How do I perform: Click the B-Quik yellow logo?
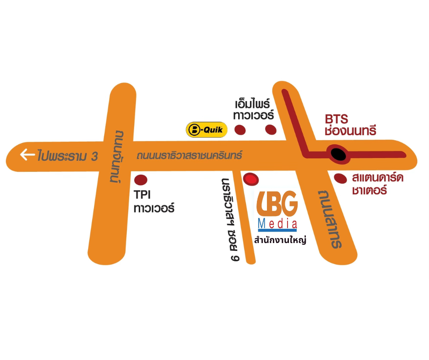(x=207, y=130)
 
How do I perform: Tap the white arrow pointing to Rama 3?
(x=27, y=154)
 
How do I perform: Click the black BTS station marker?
(x=339, y=154)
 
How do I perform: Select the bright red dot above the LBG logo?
(x=251, y=179)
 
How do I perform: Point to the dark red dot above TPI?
(x=141, y=180)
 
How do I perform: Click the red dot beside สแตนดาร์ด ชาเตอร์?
(x=340, y=179)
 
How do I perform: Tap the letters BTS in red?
(x=336, y=119)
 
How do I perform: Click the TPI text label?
(x=142, y=195)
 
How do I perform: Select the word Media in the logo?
(x=277, y=224)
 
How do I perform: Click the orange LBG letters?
(x=277, y=203)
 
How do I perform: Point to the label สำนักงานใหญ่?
(x=280, y=239)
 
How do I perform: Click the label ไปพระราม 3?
(x=68, y=155)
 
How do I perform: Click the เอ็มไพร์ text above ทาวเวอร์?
(x=252, y=104)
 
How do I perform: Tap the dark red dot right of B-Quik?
(x=240, y=130)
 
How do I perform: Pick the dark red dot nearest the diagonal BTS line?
(x=271, y=130)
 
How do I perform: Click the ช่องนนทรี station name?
(x=351, y=130)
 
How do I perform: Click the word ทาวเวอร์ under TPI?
(x=154, y=208)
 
